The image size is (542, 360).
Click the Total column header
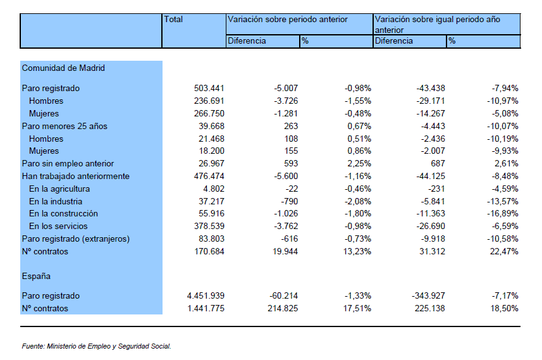pyautogui.click(x=173, y=20)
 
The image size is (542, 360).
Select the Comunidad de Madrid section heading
pyautogui.click(x=63, y=68)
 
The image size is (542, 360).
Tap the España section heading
pyautogui.click(x=36, y=276)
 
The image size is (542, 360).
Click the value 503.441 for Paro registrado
pyautogui.click(x=209, y=88)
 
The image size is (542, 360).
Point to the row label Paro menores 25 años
pyautogui.click(x=65, y=127)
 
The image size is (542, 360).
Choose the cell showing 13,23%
pyautogui.click(x=357, y=251)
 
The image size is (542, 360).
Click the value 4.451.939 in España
pyautogui.click(x=206, y=295)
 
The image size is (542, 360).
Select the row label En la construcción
pyautogui.click(x=64, y=214)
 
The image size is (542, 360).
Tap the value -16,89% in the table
pyautogui.click(x=503, y=214)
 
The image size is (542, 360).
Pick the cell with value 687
pyautogui.click(x=438, y=164)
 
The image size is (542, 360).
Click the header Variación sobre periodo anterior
pyautogui.click(x=288, y=20)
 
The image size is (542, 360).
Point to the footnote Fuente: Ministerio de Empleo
pyautogui.click(x=96, y=346)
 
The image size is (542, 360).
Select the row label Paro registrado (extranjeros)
pyautogui.click(x=76, y=239)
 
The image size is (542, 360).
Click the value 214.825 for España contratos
pyautogui.click(x=283, y=309)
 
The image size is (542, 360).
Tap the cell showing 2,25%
pyautogui.click(x=359, y=164)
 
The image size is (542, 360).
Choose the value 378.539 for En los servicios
pyautogui.click(x=209, y=226)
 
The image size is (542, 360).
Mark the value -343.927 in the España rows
pyautogui.click(x=428, y=295)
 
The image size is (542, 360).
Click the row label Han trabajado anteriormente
pyautogui.click(x=76, y=177)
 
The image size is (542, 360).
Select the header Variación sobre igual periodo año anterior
pyautogui.click(x=438, y=24)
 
